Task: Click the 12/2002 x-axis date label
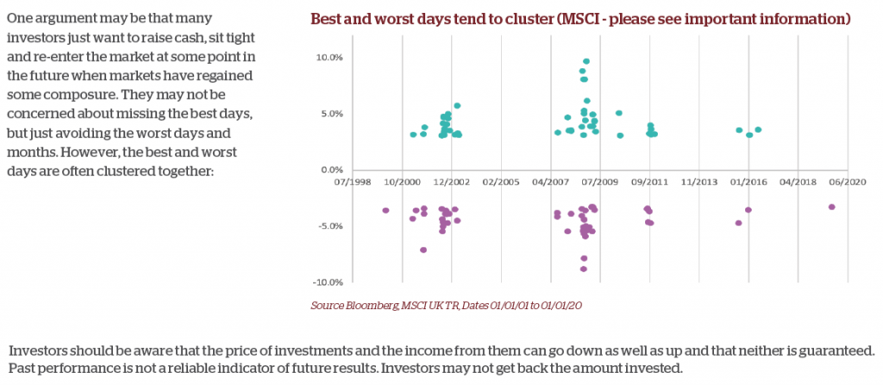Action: pos(452,183)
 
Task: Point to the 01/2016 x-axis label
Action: pos(749,183)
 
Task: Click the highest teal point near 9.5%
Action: pos(586,61)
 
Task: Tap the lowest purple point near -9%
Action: pos(584,269)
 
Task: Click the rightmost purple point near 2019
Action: pos(831,207)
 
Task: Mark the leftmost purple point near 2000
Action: pos(385,210)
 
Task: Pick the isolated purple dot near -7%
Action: pos(423,250)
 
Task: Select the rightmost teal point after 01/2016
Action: pos(758,130)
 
